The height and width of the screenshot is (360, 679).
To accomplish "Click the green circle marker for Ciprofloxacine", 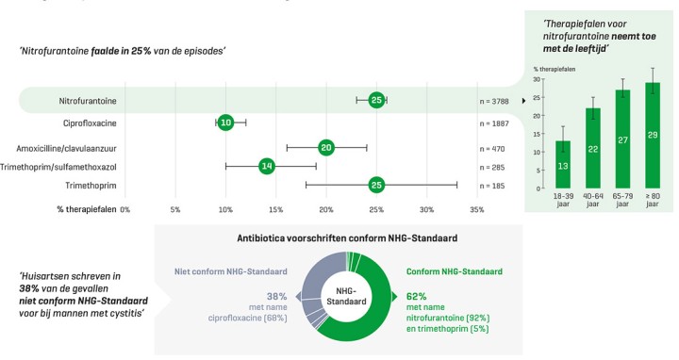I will [x=225, y=123].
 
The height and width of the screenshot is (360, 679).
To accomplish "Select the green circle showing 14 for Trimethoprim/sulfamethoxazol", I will [x=266, y=166].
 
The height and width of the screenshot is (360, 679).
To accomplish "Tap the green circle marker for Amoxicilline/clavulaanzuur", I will [x=326, y=147].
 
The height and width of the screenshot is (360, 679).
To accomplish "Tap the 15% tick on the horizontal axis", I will [x=275, y=208].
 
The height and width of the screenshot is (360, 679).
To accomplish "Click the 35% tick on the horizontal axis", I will [x=476, y=208].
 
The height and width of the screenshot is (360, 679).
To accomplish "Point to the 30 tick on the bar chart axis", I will [x=538, y=80].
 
